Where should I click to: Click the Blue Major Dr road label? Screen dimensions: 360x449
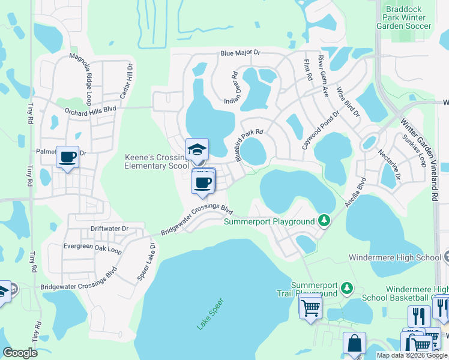pos(240,53)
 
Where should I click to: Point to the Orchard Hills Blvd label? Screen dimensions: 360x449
pos(90,110)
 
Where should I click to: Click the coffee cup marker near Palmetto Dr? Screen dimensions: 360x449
pos(67,157)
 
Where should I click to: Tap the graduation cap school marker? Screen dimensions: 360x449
pos(197,150)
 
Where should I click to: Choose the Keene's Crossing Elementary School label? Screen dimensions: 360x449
pos(157,161)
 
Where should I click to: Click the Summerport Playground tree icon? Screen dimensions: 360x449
pos(324,221)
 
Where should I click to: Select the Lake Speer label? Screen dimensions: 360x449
pos(209,314)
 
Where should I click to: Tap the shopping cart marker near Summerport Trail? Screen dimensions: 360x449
pos(310,308)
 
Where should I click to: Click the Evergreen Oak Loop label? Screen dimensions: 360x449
pos(92,248)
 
